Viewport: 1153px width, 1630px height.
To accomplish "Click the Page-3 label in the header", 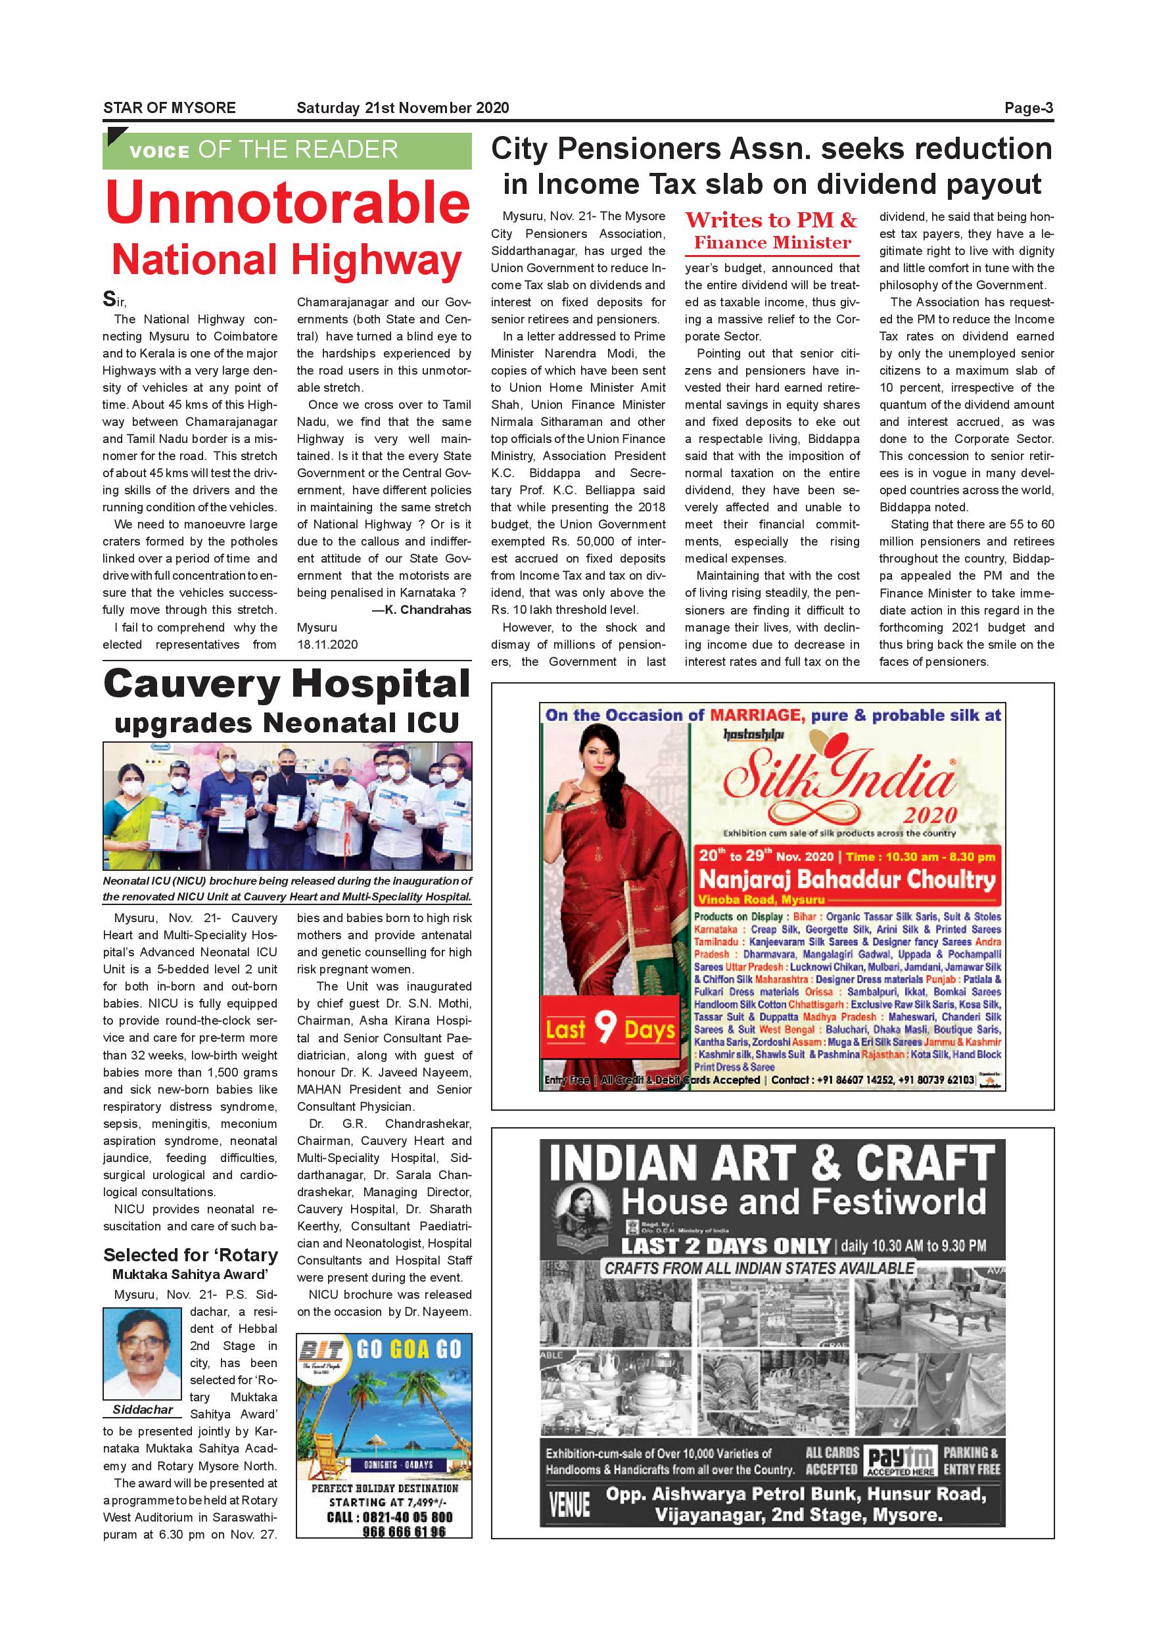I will [1028, 108].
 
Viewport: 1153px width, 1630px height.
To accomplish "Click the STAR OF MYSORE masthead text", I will [170, 108].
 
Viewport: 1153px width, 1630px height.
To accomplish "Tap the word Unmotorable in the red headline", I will [287, 204].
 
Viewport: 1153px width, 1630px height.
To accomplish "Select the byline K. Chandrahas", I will [422, 610].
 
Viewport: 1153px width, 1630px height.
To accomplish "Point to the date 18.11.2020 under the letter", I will [327, 645].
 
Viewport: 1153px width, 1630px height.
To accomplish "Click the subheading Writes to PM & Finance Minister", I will [772, 231].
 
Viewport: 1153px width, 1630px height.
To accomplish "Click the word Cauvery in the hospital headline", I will [192, 685].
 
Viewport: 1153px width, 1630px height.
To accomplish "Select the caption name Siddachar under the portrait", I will [142, 1410].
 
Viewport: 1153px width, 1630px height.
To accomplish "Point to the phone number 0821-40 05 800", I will [389, 1517].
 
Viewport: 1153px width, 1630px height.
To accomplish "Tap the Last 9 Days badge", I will [609, 1029].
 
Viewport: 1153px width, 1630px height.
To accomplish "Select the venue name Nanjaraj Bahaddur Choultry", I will [847, 880].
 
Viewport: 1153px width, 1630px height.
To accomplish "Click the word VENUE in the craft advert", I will [569, 1504].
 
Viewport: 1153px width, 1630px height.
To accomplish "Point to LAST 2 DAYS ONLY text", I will [725, 1246].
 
